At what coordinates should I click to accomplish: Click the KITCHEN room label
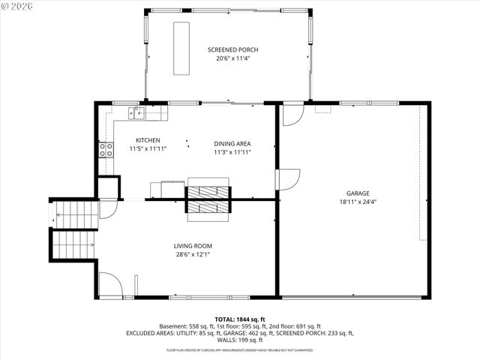click(x=148, y=140)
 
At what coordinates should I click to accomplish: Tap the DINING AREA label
click(x=232, y=143)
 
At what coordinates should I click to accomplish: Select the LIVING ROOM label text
click(x=193, y=246)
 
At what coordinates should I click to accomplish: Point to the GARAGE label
click(x=358, y=193)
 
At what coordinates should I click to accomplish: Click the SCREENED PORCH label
click(x=232, y=50)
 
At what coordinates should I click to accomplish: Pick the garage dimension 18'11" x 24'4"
click(x=358, y=201)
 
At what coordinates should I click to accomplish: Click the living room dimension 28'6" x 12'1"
click(x=193, y=254)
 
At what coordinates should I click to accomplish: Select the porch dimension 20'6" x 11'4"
click(x=232, y=58)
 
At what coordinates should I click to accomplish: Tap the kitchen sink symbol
click(x=137, y=112)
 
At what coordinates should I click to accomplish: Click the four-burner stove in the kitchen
click(x=106, y=149)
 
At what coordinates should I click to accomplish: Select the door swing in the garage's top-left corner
click(x=292, y=115)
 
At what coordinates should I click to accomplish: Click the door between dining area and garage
click(x=287, y=179)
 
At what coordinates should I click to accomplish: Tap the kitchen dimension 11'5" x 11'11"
click(x=148, y=148)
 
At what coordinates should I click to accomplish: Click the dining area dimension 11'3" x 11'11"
click(x=232, y=151)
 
